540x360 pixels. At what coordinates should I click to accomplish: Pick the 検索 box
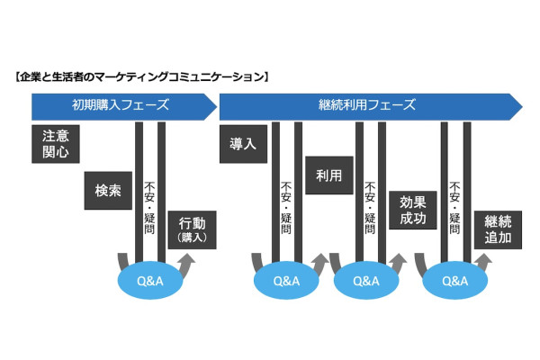(107, 190)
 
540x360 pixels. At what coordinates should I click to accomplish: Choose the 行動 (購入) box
(192, 229)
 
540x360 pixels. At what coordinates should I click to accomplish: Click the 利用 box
(328, 176)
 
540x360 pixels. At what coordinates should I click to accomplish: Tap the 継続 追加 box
(498, 229)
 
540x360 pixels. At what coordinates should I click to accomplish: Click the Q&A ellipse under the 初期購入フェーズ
(149, 280)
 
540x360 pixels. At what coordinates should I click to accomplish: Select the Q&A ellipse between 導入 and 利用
(286, 280)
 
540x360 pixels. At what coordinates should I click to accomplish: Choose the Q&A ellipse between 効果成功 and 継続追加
(454, 280)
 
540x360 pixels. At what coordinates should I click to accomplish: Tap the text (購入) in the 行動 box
(192, 238)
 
